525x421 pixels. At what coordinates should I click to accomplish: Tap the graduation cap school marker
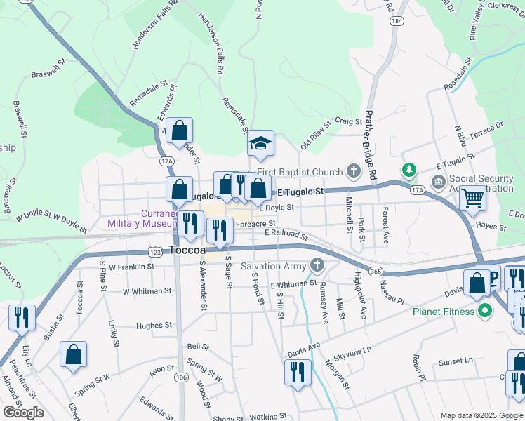click(260, 144)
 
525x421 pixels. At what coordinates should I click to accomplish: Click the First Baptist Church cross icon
click(353, 172)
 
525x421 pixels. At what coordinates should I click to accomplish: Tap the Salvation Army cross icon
click(317, 266)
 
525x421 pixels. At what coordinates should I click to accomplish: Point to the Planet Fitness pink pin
click(484, 312)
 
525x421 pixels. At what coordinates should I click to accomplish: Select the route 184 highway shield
click(398, 22)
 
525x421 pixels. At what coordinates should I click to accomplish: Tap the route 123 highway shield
click(156, 250)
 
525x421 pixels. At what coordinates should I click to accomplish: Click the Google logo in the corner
click(23, 413)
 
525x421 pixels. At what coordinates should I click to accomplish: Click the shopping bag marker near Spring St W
click(73, 354)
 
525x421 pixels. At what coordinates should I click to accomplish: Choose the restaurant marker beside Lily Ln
click(22, 317)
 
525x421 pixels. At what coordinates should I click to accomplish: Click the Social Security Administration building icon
click(439, 183)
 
